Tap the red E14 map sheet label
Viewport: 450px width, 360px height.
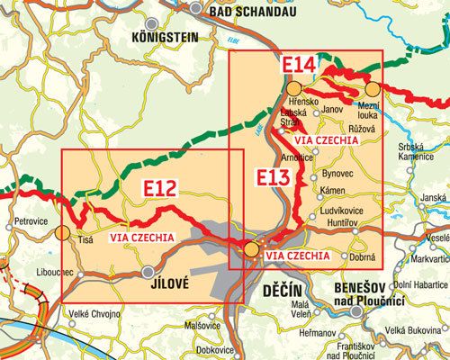[300, 66]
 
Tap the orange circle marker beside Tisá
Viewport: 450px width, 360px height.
[61, 233]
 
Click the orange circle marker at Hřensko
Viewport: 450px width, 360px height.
[294, 87]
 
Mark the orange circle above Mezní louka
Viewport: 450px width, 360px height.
[371, 88]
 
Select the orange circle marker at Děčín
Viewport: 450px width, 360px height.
[252, 249]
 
